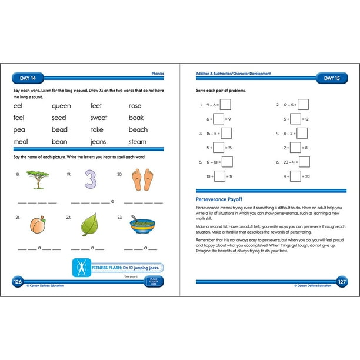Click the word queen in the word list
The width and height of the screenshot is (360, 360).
pos(61,106)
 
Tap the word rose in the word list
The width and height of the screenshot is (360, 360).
pos(135,106)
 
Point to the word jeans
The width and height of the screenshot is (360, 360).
pos(99,142)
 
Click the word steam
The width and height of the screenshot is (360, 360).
pos(138,142)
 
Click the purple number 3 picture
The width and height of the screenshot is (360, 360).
pos(90,179)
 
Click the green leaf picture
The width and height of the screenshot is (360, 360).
pos(90,225)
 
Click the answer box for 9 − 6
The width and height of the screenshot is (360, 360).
pos(225,105)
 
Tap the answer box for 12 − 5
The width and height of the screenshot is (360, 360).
pos(304,105)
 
